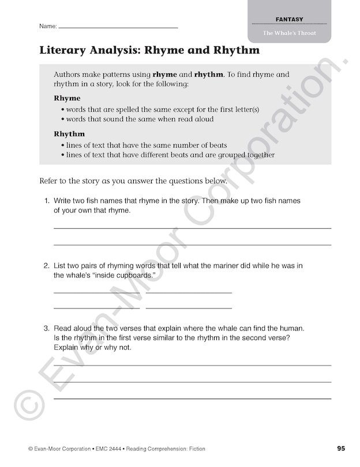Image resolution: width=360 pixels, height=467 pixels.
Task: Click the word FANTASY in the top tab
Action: [289, 20]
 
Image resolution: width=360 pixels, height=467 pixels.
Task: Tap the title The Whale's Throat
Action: [289, 33]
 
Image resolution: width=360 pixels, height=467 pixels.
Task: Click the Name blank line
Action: [118, 28]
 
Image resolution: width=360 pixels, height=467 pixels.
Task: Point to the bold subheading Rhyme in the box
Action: [67, 98]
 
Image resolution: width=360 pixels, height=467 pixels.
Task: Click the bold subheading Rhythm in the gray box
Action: [69, 134]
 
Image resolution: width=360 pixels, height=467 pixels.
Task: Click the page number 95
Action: [341, 449]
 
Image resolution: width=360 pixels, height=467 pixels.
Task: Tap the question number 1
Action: [46, 201]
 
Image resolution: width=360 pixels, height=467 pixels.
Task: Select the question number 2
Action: [46, 266]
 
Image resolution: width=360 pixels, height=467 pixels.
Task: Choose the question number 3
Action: [46, 329]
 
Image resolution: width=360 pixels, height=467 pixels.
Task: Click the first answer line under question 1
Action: [192, 228]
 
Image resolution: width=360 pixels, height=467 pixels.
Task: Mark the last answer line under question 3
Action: [192, 398]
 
